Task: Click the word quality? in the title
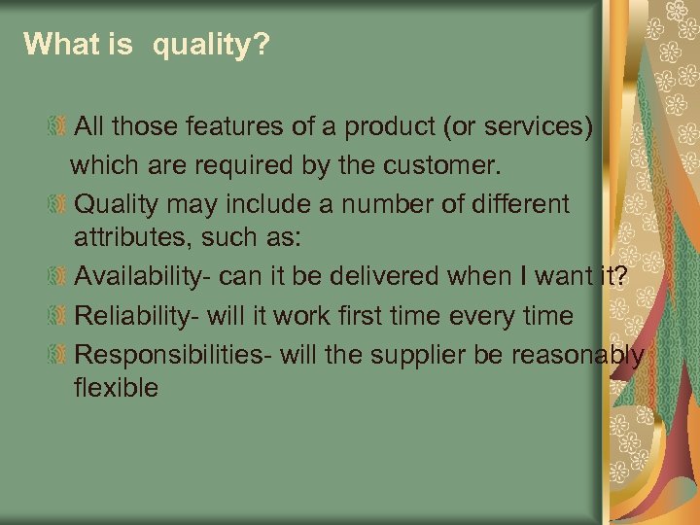[207, 44]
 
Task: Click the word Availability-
[143, 277]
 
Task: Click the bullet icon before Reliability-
[59, 316]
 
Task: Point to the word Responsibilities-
[173, 355]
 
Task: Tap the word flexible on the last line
[116, 387]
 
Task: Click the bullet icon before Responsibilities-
[59, 355]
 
